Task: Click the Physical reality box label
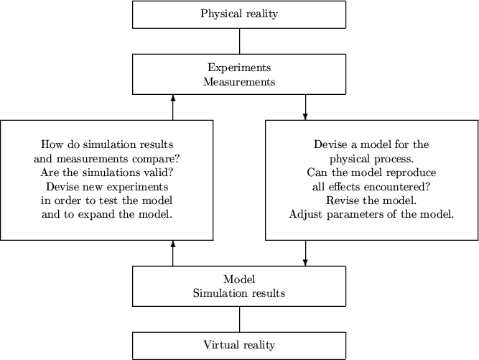(239, 14)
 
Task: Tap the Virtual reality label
(239, 345)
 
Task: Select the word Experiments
(239, 68)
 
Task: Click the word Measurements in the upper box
(239, 82)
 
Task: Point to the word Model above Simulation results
(239, 280)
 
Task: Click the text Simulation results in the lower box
(239, 293)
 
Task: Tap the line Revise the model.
(371, 200)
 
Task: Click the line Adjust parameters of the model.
(371, 214)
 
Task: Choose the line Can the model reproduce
(371, 172)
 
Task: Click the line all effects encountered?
(371, 186)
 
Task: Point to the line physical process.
(371, 158)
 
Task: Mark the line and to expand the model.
(107, 213)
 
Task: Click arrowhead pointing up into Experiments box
(173, 98)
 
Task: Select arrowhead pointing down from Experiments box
(306, 116)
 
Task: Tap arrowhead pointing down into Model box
(306, 262)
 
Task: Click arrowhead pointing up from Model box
(173, 244)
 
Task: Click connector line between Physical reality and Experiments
(239, 41)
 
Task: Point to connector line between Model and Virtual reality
(239, 319)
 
